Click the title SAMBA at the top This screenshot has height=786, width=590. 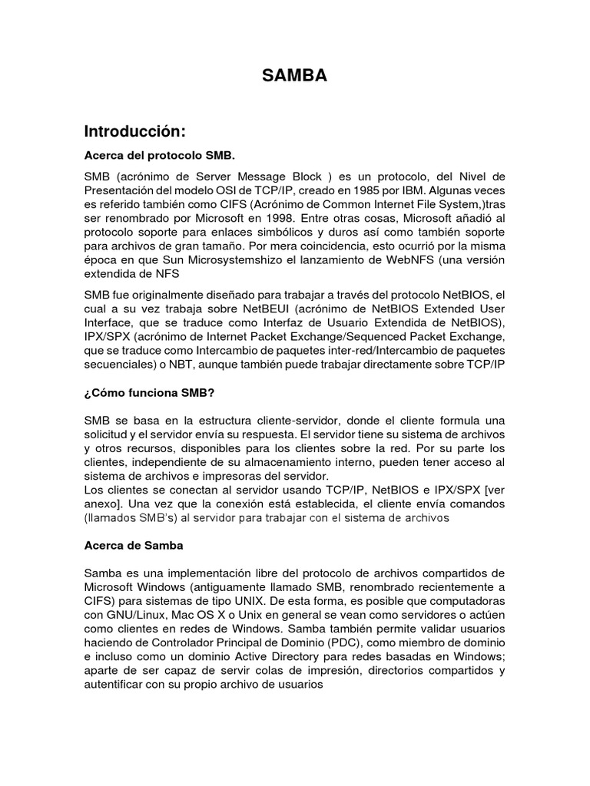[294, 74]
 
